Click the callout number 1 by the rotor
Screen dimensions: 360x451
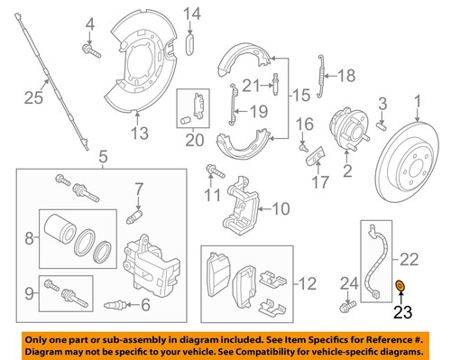coord(418,101)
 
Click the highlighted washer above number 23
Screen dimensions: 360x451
coord(400,286)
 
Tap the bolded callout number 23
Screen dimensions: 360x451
coord(400,313)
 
